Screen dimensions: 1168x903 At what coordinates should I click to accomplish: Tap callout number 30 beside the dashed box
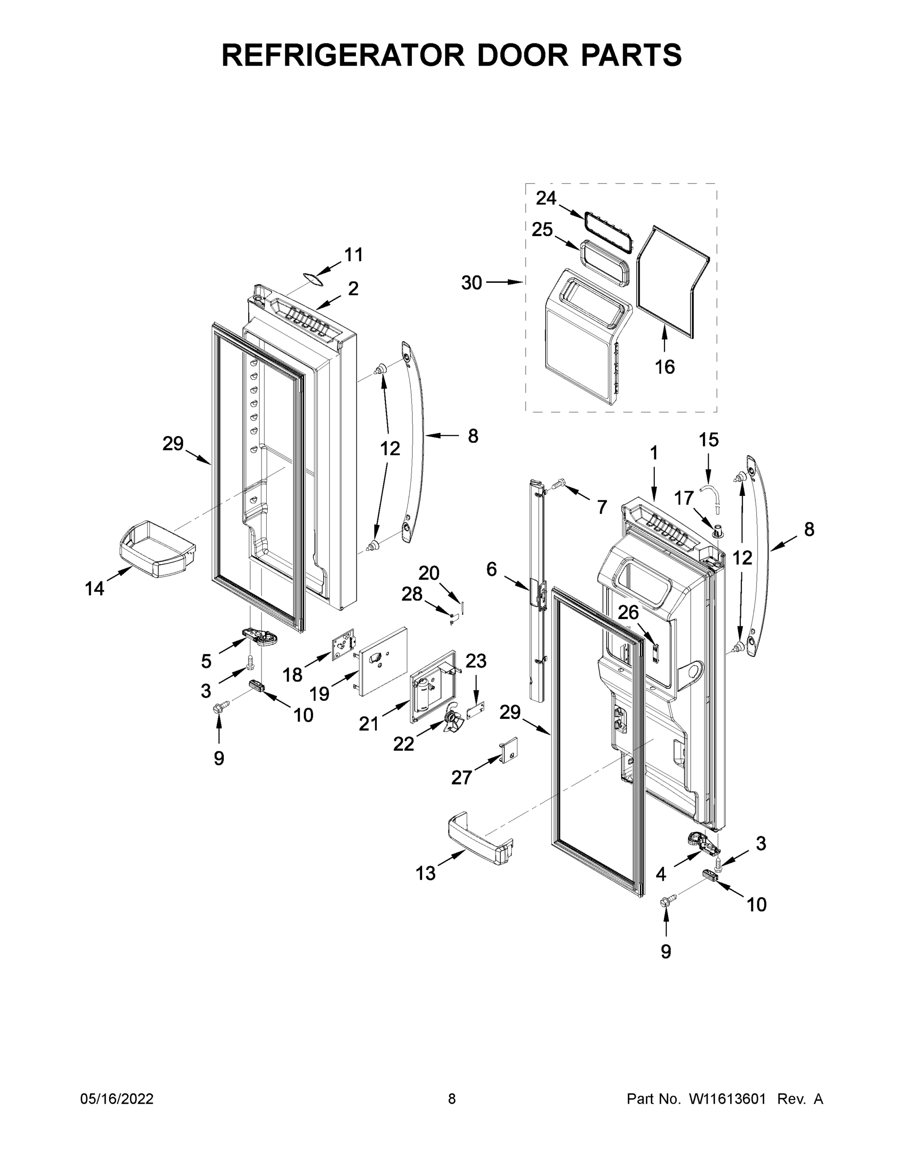tap(471, 282)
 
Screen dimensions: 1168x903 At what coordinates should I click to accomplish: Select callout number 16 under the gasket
tap(664, 367)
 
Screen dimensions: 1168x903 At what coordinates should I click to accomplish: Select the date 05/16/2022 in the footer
tap(117, 1098)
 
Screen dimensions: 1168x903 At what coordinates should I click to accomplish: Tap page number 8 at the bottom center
tap(452, 1098)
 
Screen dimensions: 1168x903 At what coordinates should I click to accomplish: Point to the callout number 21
tap(368, 724)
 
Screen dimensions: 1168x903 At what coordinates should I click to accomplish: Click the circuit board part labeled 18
tap(343, 644)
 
